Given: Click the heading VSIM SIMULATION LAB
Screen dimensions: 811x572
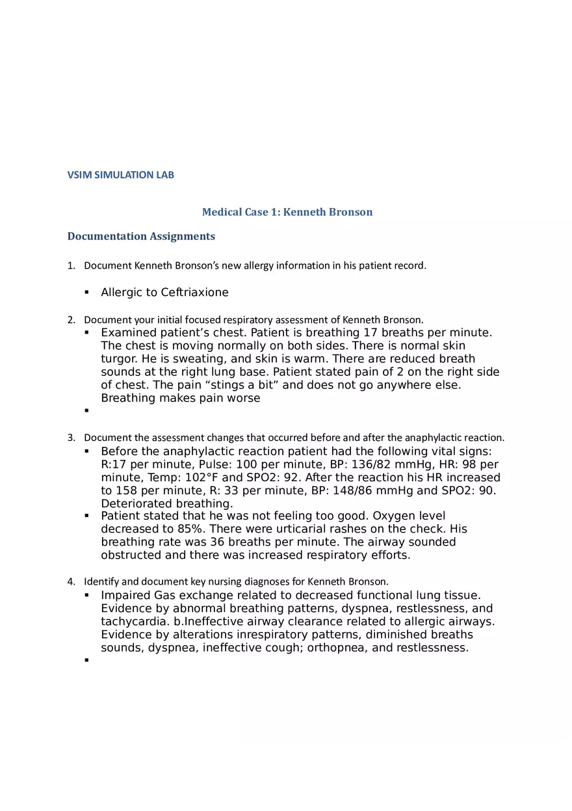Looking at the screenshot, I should [121, 175].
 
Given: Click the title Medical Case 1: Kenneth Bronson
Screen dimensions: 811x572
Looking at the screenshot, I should [287, 212].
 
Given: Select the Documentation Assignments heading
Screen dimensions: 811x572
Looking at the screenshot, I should [141, 236].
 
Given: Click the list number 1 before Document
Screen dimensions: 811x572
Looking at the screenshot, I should [71, 265].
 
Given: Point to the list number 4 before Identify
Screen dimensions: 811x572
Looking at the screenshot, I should [71, 581].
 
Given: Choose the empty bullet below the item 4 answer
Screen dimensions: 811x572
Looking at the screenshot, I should [86, 660].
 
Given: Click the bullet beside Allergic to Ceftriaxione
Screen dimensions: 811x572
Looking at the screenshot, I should [86, 293].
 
